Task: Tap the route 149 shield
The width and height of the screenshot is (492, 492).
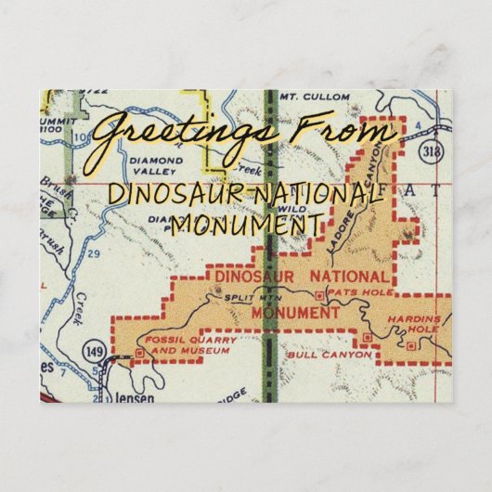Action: [95, 350]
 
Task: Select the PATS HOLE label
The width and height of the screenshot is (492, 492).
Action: [348, 293]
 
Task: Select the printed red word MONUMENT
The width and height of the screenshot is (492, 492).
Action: [294, 313]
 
